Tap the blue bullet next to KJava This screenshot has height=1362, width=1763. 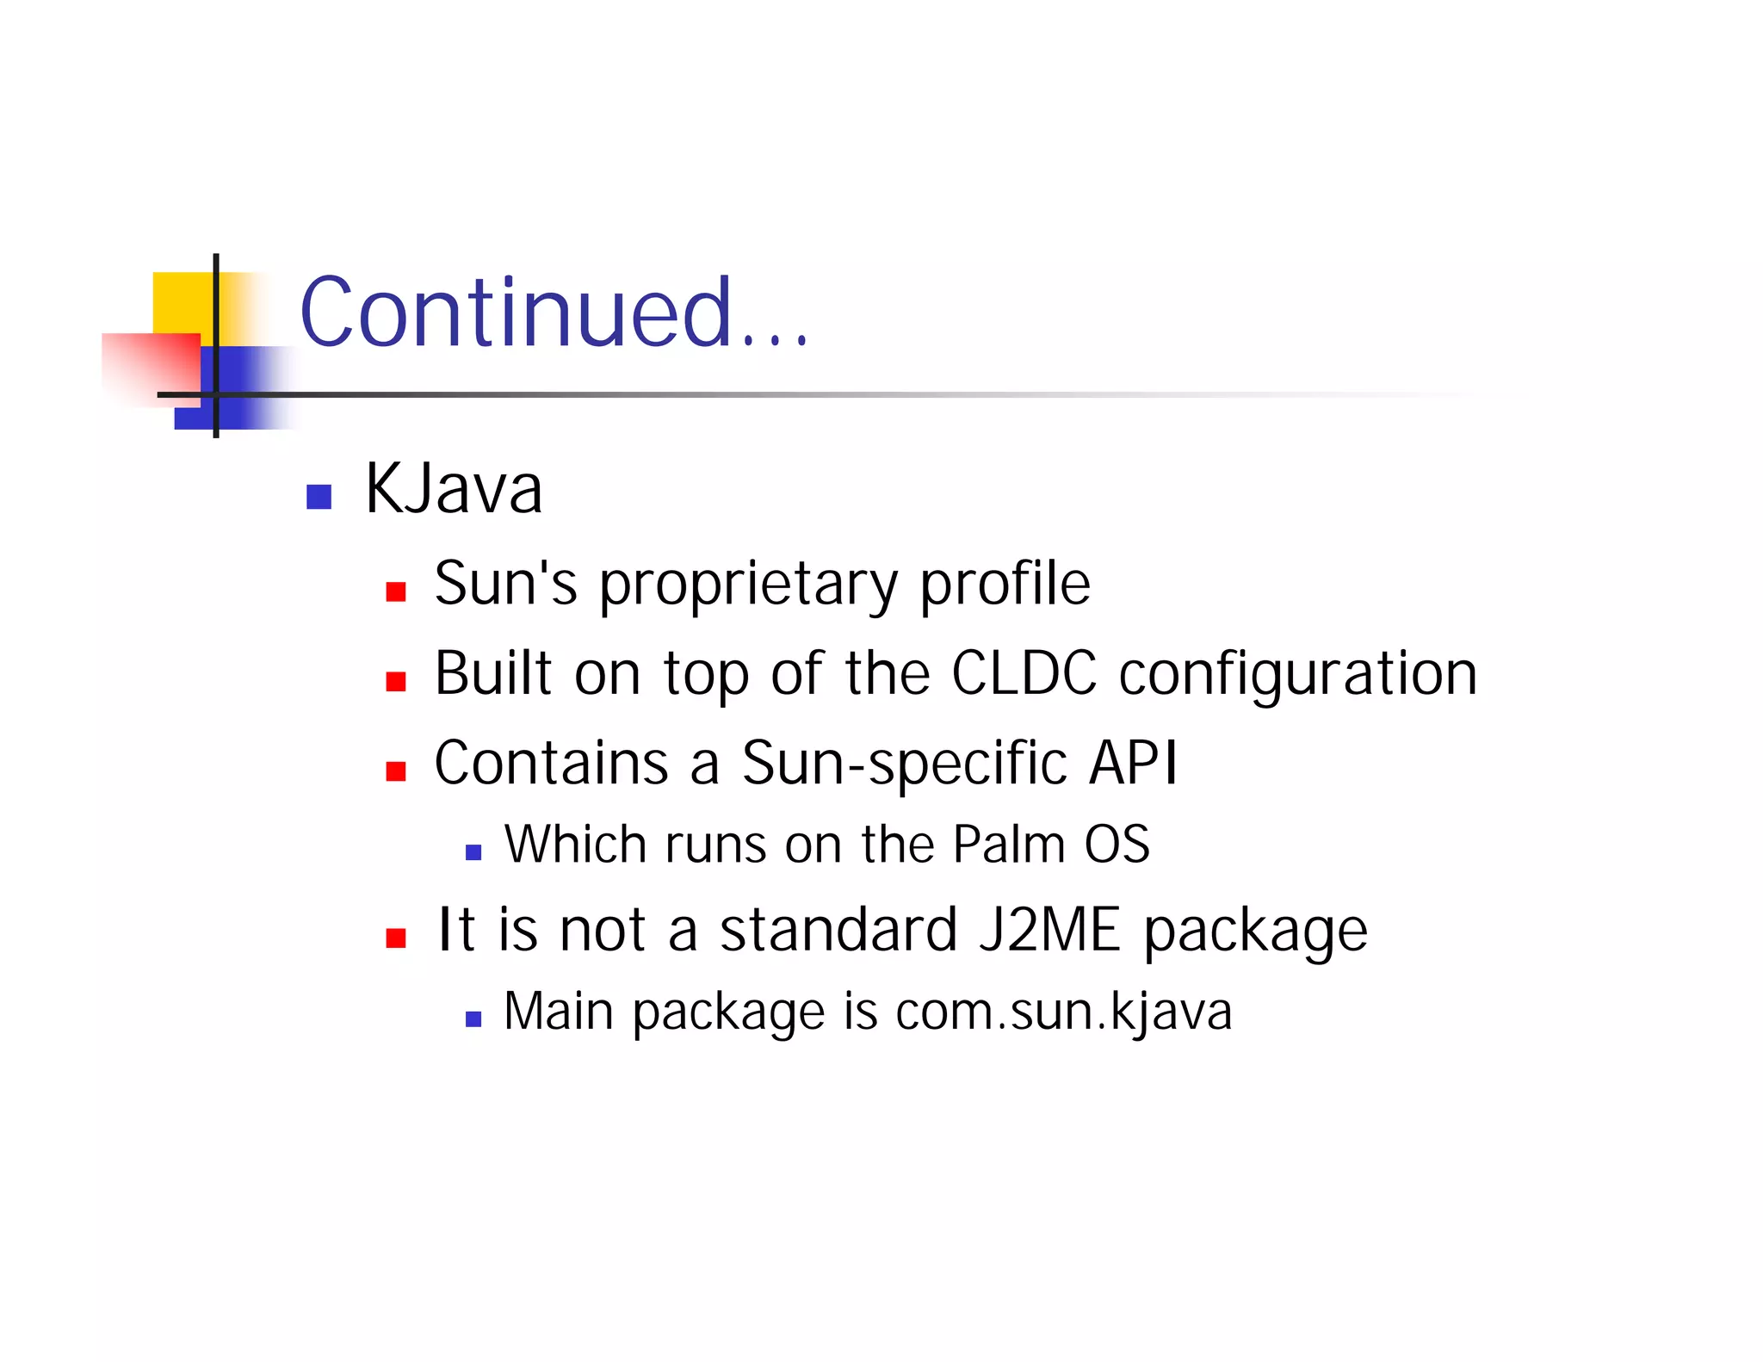coord(319,497)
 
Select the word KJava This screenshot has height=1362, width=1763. coord(454,489)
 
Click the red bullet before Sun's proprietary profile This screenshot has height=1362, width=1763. coord(396,591)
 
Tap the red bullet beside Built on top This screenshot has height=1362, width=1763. coord(396,682)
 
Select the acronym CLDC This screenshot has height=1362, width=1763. coord(1024,673)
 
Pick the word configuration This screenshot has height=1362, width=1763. coord(1297,676)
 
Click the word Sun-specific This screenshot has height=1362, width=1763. coord(904,764)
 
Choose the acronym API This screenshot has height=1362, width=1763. coord(1133,763)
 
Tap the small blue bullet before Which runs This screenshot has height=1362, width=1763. coord(473,852)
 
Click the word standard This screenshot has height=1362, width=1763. coord(838,930)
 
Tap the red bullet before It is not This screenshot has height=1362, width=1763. coord(396,938)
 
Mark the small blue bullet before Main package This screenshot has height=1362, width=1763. coord(473,1019)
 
